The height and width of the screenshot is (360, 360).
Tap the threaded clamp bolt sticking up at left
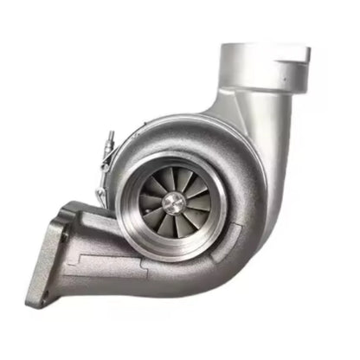click(109, 138)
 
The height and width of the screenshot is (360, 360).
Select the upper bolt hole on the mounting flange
click(63, 232)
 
